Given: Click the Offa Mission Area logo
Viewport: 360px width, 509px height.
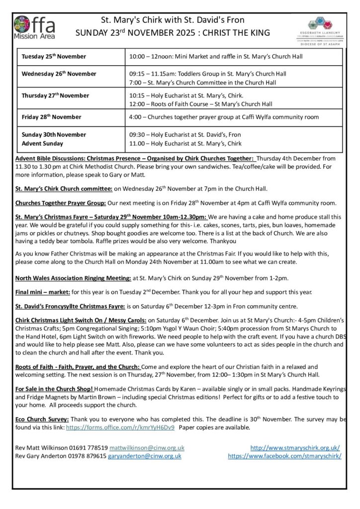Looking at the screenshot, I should [x=34, y=27].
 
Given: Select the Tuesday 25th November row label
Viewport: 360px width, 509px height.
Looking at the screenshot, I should [x=54, y=57].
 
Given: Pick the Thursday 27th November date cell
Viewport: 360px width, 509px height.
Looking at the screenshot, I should [x=55, y=95].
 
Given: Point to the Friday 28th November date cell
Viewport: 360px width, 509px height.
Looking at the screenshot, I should [x=51, y=117].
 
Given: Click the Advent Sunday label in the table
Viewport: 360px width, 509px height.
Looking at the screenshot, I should [x=42, y=144].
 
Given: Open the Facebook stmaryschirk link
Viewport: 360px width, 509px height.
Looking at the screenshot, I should [x=284, y=456].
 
